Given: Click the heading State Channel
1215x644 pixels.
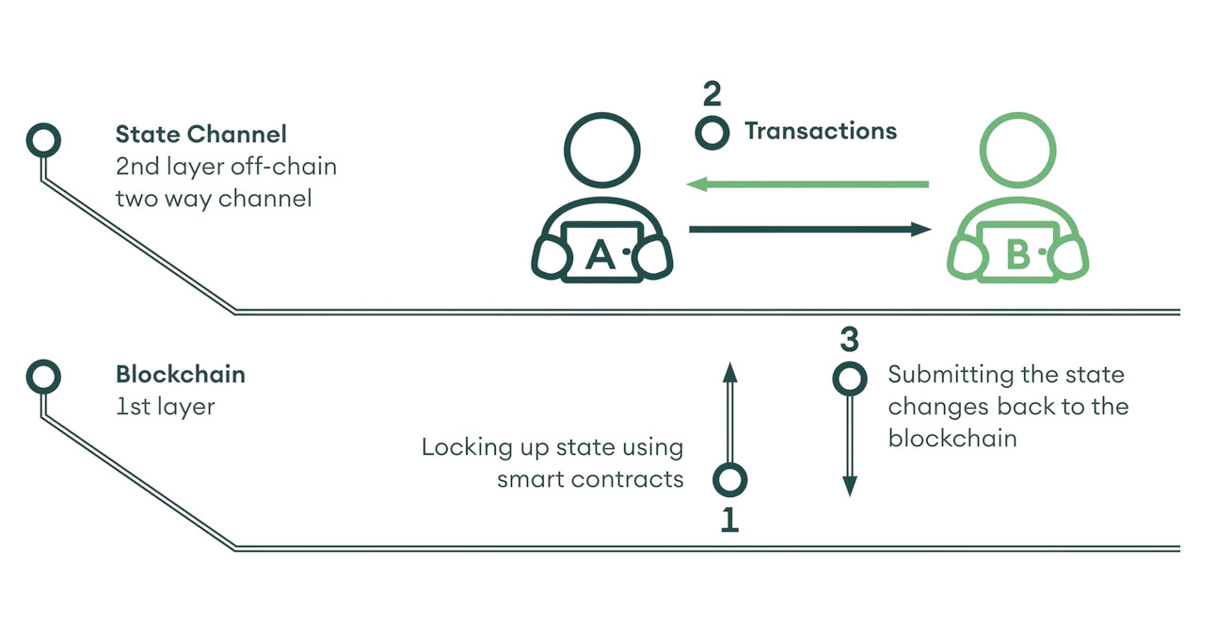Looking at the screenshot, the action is click(201, 134).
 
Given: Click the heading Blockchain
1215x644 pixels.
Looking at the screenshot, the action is click(181, 375).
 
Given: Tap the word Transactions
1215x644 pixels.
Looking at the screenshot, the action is click(821, 131).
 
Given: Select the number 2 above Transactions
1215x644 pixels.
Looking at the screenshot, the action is click(712, 94).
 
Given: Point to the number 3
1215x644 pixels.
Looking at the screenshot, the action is click(850, 340).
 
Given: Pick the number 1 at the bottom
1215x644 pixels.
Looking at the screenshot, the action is click(729, 519).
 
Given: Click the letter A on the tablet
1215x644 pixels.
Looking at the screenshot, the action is click(600, 254).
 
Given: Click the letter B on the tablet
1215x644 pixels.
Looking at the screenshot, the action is click(1017, 254).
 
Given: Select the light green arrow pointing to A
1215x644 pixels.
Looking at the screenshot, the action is click(807, 185).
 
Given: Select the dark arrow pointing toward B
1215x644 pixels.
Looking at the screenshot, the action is click(810, 230).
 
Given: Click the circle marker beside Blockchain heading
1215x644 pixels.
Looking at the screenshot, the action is click(43, 361).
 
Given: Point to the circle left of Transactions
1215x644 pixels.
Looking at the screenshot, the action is click(711, 117).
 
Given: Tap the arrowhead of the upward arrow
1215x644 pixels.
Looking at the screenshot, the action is click(730, 372).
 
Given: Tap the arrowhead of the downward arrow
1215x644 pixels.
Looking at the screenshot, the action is click(850, 486).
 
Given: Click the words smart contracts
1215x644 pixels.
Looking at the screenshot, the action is click(590, 479).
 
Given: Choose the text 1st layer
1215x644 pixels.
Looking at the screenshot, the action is click(166, 407).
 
